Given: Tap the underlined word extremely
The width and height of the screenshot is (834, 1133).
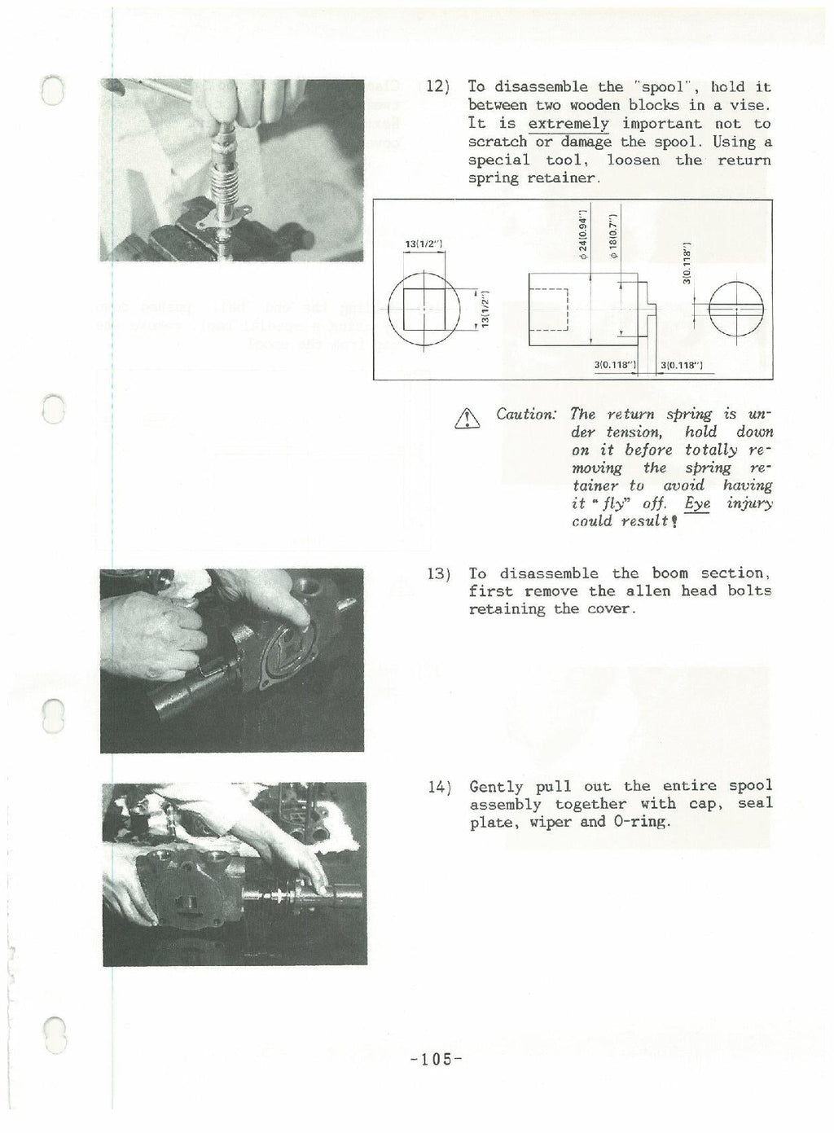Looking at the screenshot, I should (x=568, y=124).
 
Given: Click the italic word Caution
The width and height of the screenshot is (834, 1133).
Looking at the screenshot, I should (x=525, y=415).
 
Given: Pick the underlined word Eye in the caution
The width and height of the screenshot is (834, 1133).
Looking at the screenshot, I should (x=697, y=504).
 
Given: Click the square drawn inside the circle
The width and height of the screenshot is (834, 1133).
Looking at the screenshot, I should (x=423, y=308).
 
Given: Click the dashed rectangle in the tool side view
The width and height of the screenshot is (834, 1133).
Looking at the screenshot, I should (x=549, y=310).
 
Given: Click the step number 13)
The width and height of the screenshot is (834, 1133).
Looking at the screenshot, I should (x=439, y=574).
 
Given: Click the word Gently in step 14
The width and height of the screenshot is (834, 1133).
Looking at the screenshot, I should (x=496, y=787).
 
